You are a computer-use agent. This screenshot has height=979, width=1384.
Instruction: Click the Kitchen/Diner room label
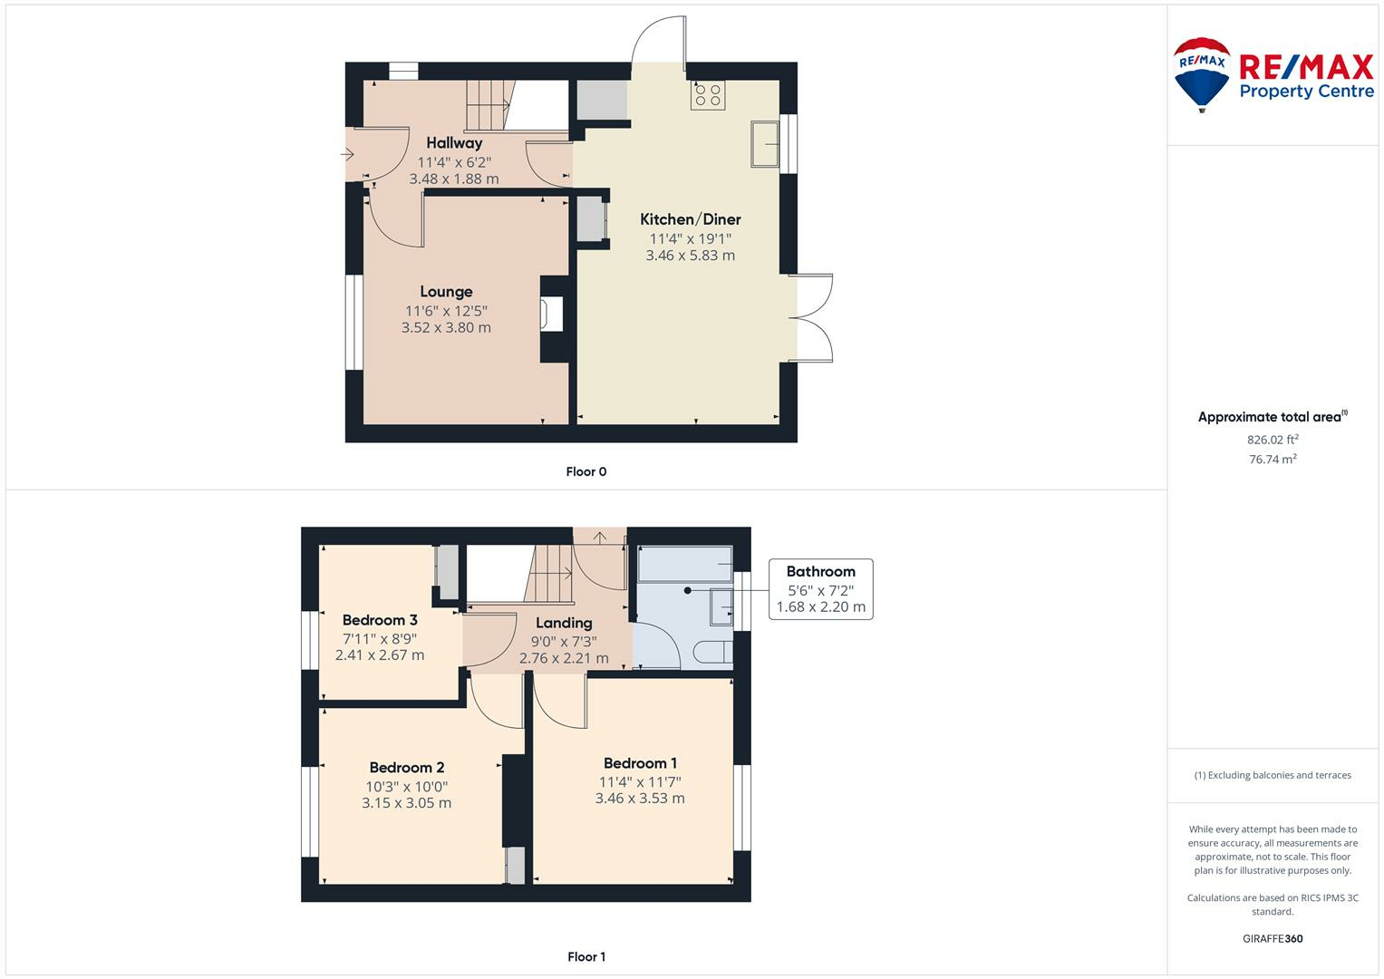pyautogui.click(x=690, y=219)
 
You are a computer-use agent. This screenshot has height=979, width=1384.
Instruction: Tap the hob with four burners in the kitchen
pyautogui.click(x=708, y=95)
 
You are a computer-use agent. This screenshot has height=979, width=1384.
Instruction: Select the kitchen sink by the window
pyautogui.click(x=765, y=143)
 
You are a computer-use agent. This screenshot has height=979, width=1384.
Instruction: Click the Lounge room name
pyautogui.click(x=446, y=292)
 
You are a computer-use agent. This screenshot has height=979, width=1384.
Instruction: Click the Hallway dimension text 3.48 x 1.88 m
pyautogui.click(x=454, y=179)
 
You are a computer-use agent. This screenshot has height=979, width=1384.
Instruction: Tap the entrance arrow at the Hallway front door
pyautogui.click(x=347, y=155)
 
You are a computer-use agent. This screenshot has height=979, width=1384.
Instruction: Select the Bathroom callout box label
pyautogui.click(x=820, y=571)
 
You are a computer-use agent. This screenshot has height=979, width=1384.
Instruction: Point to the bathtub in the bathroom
pyautogui.click(x=685, y=564)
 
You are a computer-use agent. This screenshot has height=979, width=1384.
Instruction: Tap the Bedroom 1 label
pyautogui.click(x=640, y=763)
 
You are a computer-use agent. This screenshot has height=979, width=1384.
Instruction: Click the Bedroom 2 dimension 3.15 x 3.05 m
pyautogui.click(x=406, y=802)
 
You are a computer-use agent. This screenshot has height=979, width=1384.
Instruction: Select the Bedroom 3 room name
pyautogui.click(x=380, y=620)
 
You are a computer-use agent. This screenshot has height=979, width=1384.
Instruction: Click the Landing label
pyautogui.click(x=564, y=623)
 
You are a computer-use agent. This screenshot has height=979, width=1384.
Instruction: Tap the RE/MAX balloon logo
pyautogui.click(x=1202, y=74)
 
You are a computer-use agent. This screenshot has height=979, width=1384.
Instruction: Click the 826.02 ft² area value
pyautogui.click(x=1273, y=440)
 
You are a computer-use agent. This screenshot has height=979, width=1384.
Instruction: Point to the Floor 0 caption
pyautogui.click(x=586, y=471)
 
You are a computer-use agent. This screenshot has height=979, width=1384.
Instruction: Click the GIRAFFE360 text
pyautogui.click(x=1273, y=938)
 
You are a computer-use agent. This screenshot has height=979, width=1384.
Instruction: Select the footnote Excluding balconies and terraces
pyautogui.click(x=1273, y=775)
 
